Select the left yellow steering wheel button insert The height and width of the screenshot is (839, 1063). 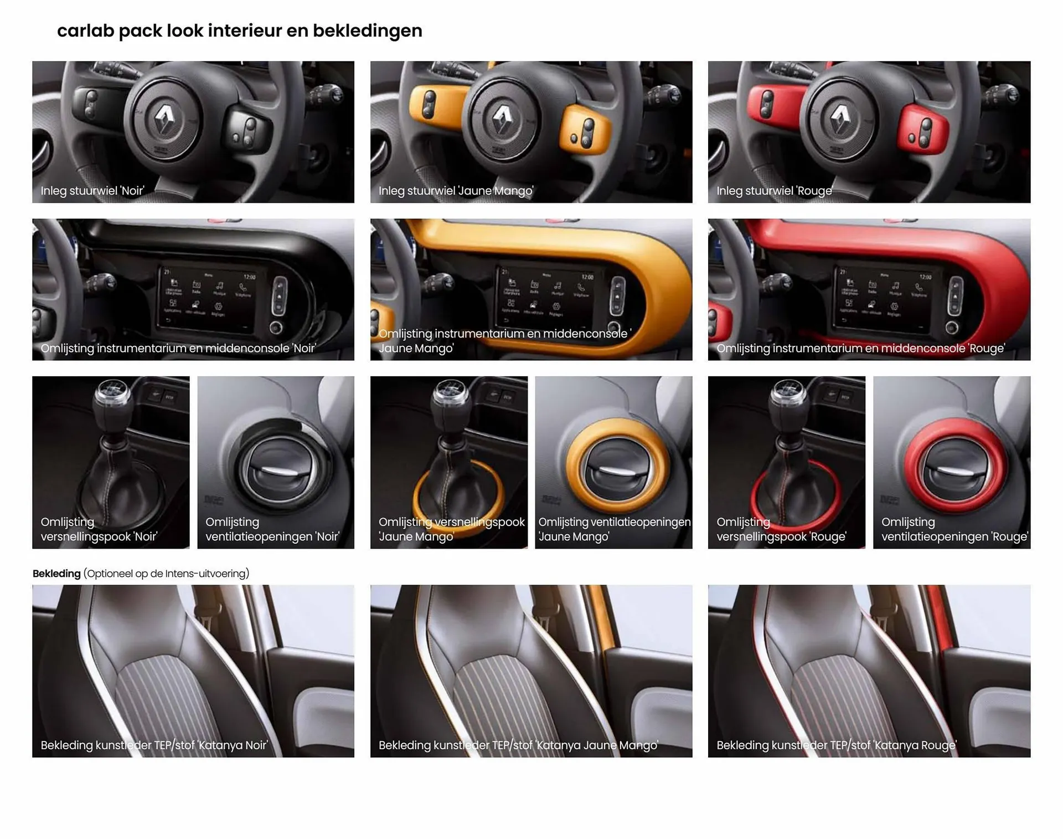[429, 103]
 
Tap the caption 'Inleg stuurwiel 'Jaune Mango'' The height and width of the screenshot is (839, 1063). [456, 191]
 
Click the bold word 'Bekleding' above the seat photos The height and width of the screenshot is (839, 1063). [56, 574]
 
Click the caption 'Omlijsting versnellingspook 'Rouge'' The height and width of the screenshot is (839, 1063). [781, 529]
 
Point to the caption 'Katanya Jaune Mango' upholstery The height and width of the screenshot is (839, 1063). [518, 745]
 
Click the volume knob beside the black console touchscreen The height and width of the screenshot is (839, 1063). [276, 328]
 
